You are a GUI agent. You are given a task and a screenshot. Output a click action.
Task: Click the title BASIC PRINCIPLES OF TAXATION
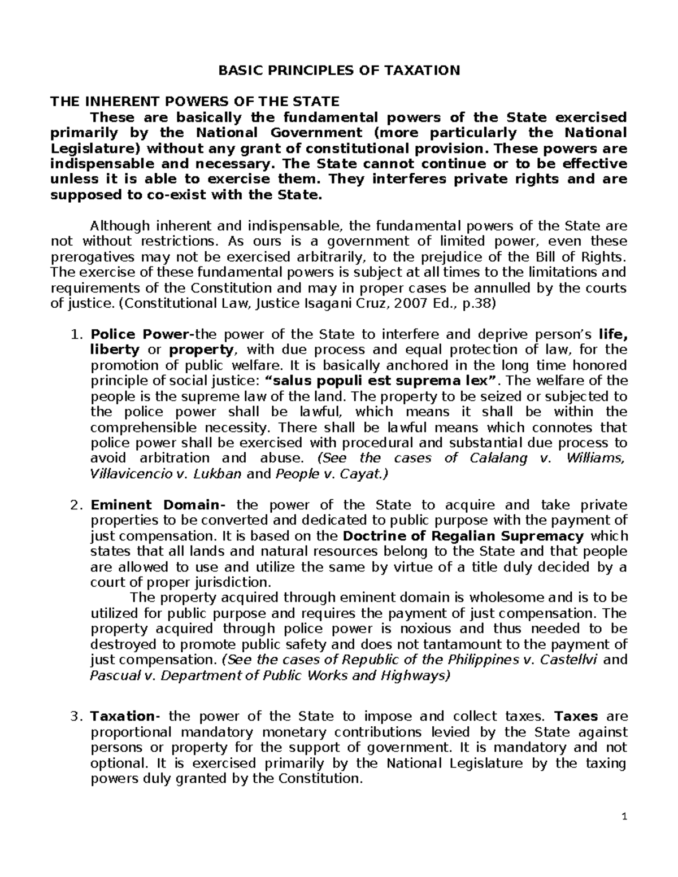(339, 71)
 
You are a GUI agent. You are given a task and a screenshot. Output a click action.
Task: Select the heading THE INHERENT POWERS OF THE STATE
(195, 102)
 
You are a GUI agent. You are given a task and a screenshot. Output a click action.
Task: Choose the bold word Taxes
(576, 717)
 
